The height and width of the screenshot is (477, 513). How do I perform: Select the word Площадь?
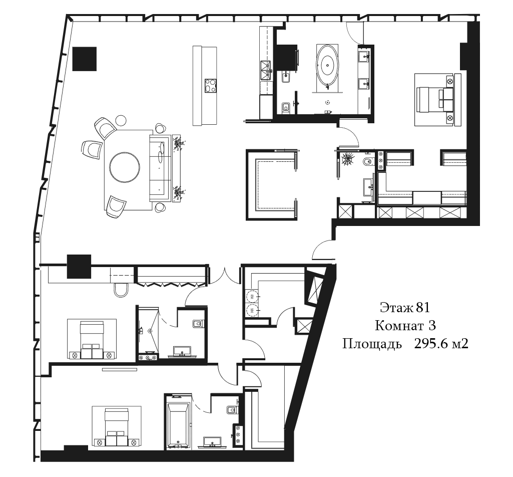click(x=372, y=344)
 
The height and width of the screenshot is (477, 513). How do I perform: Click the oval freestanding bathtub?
click(x=327, y=65)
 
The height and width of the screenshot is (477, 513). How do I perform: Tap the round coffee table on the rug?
click(x=125, y=167)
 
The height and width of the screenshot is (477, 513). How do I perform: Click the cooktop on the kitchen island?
click(x=211, y=86)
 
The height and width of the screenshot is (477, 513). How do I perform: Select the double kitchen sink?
click(x=265, y=71)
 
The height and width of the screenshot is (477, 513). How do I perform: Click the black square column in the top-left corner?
click(x=85, y=59)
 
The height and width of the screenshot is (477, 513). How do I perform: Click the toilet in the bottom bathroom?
click(x=232, y=410)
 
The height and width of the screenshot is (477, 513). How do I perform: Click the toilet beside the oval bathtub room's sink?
click(x=286, y=107)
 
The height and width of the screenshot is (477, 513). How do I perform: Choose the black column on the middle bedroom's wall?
click(x=79, y=267)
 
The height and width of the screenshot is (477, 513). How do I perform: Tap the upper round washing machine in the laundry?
click(x=251, y=297)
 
